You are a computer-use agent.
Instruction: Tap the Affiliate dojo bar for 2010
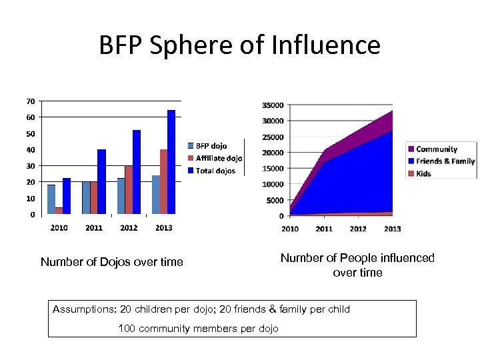[59, 211]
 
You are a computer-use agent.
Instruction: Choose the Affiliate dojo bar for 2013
[163, 181]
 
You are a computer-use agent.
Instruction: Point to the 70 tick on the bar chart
[31, 101]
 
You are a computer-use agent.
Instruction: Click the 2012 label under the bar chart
[129, 228]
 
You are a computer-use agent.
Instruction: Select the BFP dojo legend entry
[211, 146]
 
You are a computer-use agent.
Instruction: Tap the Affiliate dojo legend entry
[219, 159]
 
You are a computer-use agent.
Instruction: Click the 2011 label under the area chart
[324, 229]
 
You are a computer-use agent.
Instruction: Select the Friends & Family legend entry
[445, 161]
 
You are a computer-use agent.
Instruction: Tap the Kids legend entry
[424, 173]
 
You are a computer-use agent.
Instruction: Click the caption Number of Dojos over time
[111, 262]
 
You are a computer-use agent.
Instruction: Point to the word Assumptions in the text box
[83, 309]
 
